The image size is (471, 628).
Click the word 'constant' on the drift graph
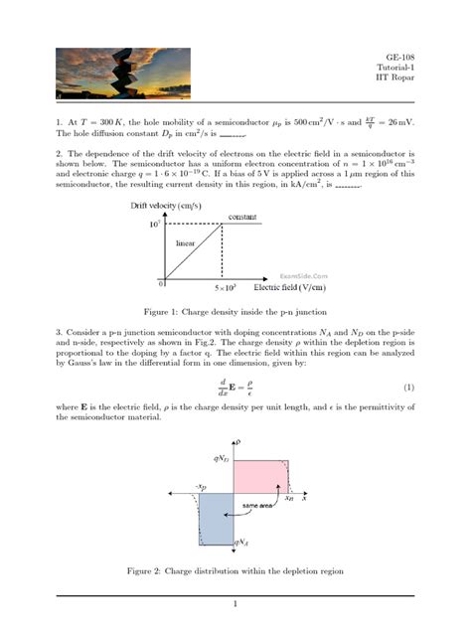point(242,217)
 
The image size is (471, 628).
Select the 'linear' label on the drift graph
point(185,241)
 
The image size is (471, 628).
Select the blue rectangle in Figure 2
point(215,519)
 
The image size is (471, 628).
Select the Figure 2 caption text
point(235,571)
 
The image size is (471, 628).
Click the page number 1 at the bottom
point(235,603)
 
